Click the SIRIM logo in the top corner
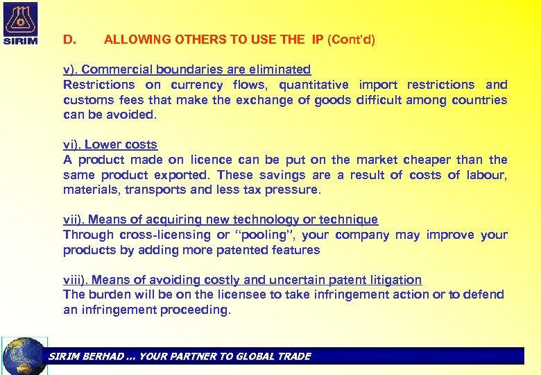click(x=20, y=23)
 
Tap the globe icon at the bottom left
click(x=25, y=356)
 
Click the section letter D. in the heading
click(x=69, y=40)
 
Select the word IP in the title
click(x=318, y=40)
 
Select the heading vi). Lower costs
click(x=110, y=144)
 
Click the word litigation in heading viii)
click(x=394, y=280)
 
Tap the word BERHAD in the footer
click(x=103, y=356)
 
